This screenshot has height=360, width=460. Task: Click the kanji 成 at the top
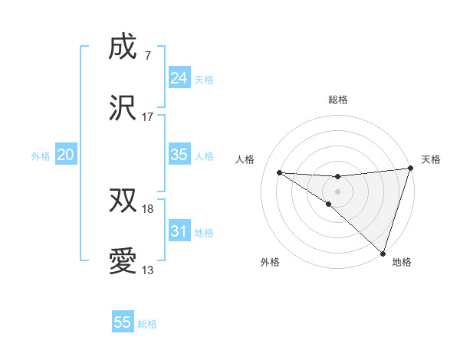click(123, 47)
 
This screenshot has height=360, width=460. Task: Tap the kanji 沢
click(123, 108)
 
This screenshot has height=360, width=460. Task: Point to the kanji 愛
click(123, 261)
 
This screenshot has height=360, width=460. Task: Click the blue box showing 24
click(179, 77)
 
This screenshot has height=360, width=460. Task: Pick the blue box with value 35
click(179, 155)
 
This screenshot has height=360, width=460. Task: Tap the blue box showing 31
click(179, 231)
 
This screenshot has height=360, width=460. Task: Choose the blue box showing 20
click(66, 155)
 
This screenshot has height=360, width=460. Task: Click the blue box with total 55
click(123, 322)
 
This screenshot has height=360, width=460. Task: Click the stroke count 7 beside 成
click(147, 56)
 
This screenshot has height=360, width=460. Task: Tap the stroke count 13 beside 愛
click(148, 270)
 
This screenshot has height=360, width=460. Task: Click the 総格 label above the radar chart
click(338, 100)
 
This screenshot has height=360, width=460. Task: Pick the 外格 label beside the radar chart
click(270, 262)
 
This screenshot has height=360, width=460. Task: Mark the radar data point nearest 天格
click(410, 169)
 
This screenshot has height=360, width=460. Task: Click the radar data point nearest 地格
click(383, 253)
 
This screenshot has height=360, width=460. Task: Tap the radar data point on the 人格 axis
click(279, 172)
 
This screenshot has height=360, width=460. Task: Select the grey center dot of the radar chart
click(337, 191)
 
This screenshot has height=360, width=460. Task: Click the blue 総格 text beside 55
click(148, 324)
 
